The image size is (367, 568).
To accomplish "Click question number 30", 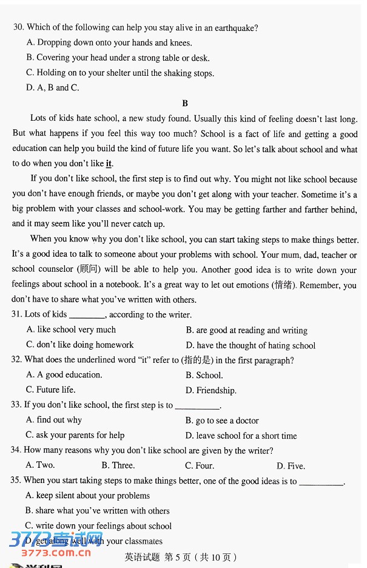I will [18, 27].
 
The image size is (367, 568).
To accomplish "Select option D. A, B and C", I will [53, 88].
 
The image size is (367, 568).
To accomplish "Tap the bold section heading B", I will [185, 104].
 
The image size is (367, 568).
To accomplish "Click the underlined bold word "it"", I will [109, 164].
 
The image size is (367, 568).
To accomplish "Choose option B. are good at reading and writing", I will [246, 331].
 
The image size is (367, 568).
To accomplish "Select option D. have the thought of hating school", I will [251, 346].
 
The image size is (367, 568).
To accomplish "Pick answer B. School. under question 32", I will [204, 376].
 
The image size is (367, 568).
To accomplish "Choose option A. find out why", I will [54, 420].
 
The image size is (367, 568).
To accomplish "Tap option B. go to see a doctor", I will [222, 421].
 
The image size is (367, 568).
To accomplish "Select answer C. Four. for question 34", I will [200, 466].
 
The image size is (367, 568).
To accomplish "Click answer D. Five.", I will [291, 466].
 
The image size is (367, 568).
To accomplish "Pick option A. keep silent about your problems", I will [88, 496].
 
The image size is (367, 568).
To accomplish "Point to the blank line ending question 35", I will [322, 484].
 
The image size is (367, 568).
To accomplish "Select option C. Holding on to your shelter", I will [120, 73].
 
